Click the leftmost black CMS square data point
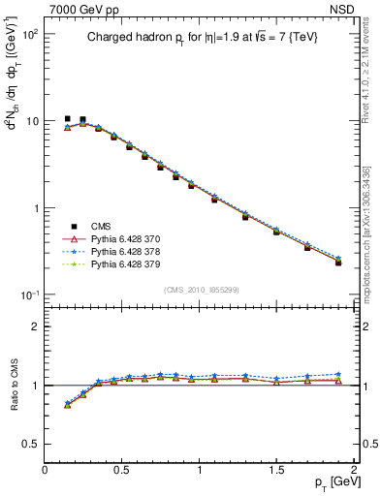pyautogui.click(x=67, y=119)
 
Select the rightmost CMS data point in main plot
pyautogui.click(x=338, y=263)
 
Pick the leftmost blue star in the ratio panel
pyautogui.click(x=67, y=403)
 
